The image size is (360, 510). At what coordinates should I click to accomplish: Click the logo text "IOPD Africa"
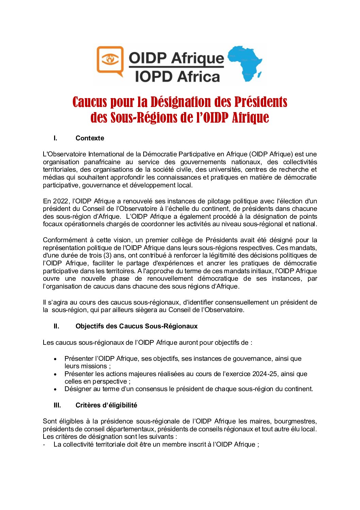click(177, 76)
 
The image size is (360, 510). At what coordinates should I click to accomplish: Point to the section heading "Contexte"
click(90, 138)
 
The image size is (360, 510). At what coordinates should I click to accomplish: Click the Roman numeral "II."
click(56, 326)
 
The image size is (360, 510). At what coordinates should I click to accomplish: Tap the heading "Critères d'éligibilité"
click(106, 405)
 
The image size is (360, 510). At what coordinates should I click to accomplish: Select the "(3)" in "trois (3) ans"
click(108, 256)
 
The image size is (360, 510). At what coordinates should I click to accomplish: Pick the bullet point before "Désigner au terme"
click(55, 389)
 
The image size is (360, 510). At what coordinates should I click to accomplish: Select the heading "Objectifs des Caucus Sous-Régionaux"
click(136, 326)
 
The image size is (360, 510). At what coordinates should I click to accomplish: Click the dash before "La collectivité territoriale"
click(44, 445)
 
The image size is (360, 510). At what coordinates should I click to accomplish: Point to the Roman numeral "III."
click(57, 405)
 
